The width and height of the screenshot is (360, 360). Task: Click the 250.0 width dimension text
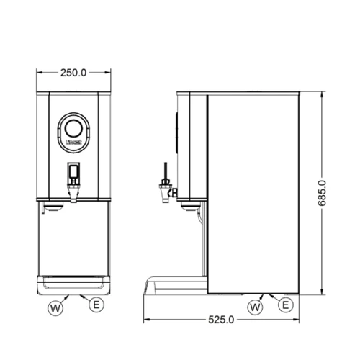[73, 73]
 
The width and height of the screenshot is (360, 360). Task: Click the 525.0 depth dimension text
[222, 319]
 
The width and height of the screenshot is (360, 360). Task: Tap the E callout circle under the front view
[95, 305]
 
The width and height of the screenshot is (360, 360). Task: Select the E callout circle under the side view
[286, 305]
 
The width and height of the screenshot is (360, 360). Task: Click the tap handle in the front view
[73, 174]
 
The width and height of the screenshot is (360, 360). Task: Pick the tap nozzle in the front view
[73, 193]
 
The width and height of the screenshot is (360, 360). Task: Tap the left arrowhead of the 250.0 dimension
[39, 73]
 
